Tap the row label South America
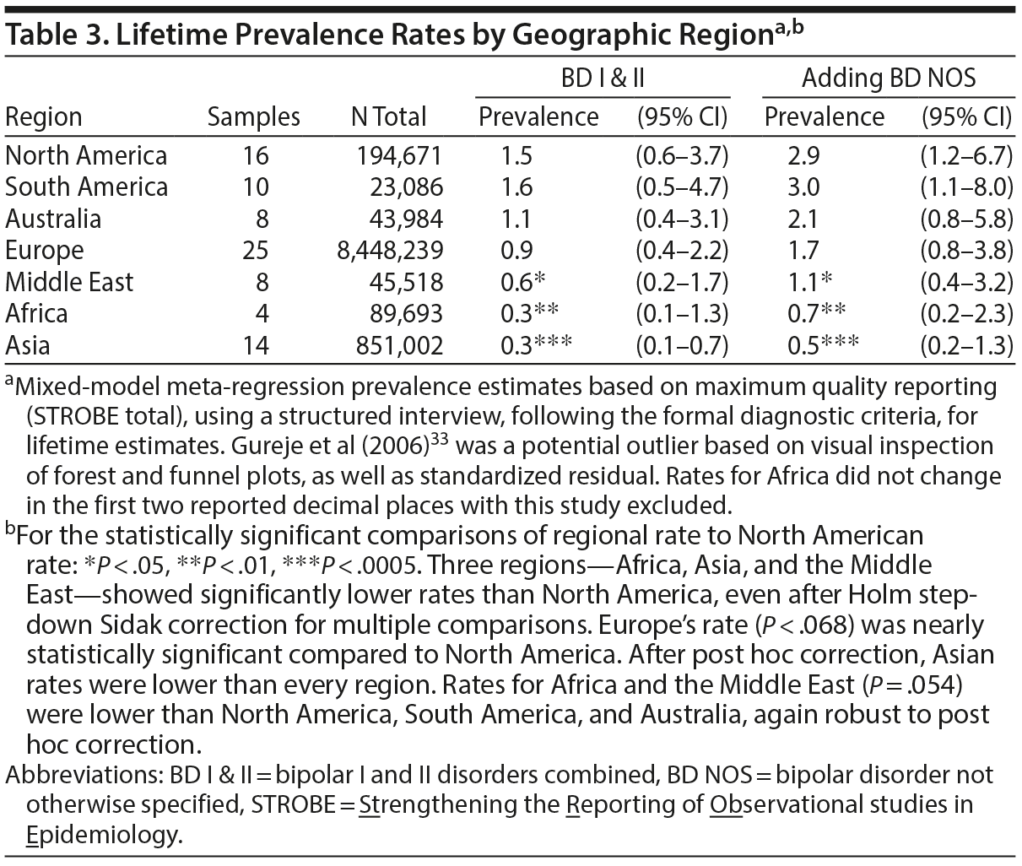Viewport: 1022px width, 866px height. (x=86, y=187)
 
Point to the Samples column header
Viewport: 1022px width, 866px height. (x=253, y=117)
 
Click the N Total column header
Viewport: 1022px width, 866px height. (x=388, y=117)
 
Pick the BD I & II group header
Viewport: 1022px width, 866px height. (x=603, y=78)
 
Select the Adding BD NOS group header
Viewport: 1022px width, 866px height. (x=888, y=78)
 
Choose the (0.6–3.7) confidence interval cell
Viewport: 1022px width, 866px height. (x=682, y=156)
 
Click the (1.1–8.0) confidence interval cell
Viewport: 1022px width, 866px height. (x=966, y=187)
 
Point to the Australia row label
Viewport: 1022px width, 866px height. (x=53, y=219)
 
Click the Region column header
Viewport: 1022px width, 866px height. (x=44, y=117)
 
